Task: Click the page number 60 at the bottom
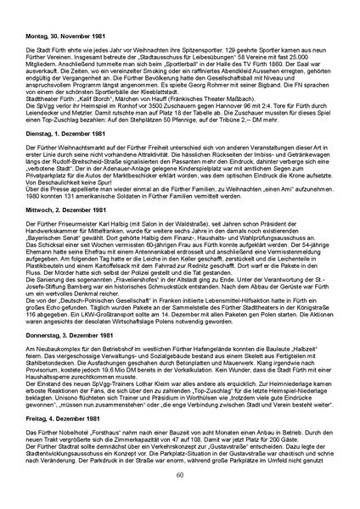(180, 498)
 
